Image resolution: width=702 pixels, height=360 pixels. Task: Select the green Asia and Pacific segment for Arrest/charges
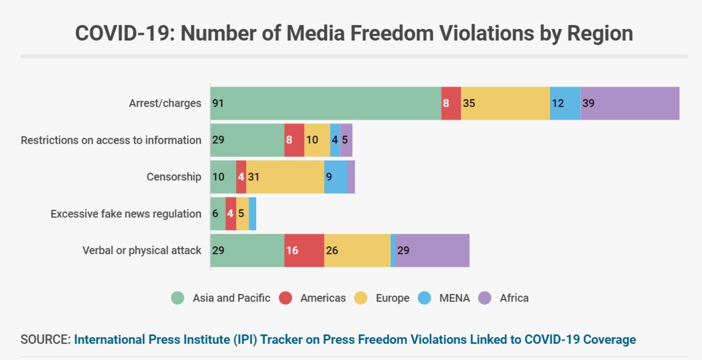(x=326, y=103)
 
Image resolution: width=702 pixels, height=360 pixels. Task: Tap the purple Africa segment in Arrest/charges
(x=630, y=103)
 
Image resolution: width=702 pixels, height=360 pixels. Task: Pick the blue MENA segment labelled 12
(x=565, y=103)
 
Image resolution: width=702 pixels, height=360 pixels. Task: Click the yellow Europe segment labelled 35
(x=505, y=103)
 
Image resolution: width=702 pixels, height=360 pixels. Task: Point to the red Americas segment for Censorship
(x=241, y=177)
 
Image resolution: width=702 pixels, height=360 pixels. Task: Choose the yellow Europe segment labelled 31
(x=285, y=177)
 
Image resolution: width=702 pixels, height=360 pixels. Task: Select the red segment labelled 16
(x=304, y=250)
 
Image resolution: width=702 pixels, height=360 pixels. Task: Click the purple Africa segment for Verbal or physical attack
(x=433, y=250)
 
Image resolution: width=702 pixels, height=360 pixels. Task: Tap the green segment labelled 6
(x=218, y=214)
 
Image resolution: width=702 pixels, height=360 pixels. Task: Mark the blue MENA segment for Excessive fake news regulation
(x=252, y=214)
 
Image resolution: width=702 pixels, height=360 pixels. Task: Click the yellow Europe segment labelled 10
(x=317, y=140)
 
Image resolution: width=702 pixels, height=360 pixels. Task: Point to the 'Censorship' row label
(x=173, y=177)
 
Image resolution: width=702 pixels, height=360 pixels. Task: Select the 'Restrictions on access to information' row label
(x=111, y=140)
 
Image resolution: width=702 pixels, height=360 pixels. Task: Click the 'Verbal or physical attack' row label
(x=142, y=250)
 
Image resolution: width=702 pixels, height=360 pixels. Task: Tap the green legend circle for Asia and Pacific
(x=177, y=298)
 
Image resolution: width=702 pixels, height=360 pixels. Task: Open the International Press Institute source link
(x=355, y=340)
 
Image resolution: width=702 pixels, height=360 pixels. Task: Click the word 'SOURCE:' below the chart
(x=45, y=340)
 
